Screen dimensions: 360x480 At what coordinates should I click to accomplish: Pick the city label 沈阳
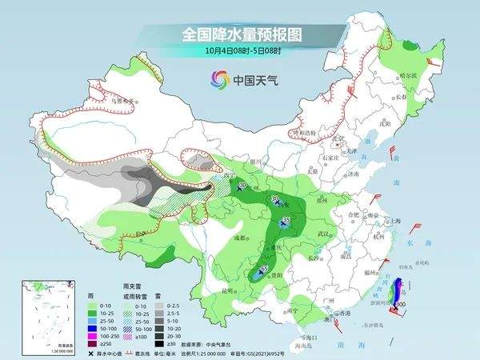point(387,125)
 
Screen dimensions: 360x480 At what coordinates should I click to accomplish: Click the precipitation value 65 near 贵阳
point(265,269)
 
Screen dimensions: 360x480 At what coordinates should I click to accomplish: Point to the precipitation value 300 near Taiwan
point(400,305)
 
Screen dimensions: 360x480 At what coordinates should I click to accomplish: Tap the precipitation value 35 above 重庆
point(286,218)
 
